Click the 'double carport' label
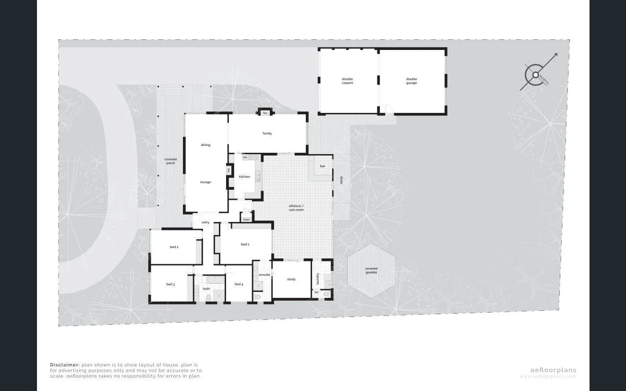click(x=347, y=81)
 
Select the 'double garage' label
click(x=411, y=81)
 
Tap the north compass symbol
click(x=534, y=75)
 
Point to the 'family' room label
click(x=267, y=133)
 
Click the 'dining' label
click(x=205, y=145)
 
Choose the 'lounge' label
click(x=205, y=182)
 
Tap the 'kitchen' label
click(x=244, y=177)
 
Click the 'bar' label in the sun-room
click(x=323, y=166)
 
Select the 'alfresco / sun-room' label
click(x=296, y=208)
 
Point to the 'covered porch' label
click(x=170, y=161)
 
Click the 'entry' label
click(x=205, y=222)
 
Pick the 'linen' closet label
click(x=246, y=220)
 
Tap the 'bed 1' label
click(x=245, y=244)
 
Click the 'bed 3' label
click(x=170, y=284)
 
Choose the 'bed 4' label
click(x=239, y=284)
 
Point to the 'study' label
click(x=291, y=279)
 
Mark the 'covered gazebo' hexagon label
click(x=371, y=270)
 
